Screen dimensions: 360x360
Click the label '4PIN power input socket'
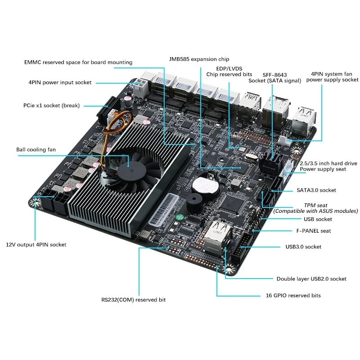pyautogui.click(x=60, y=82)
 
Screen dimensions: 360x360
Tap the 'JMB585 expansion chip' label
pyautogui.click(x=198, y=59)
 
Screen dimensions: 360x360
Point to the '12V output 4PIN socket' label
pyautogui.click(x=36, y=245)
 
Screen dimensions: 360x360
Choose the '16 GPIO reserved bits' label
pyautogui.click(x=292, y=296)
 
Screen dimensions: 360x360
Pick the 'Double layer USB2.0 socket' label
pyautogui.click(x=311, y=279)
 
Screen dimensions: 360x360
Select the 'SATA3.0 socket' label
pyautogui.click(x=316, y=190)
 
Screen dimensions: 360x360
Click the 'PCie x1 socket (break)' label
pyautogui.click(x=51, y=106)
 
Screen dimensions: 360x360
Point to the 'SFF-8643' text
pyautogui.click(x=274, y=74)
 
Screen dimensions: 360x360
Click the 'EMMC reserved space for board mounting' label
pyautogui.click(x=78, y=62)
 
